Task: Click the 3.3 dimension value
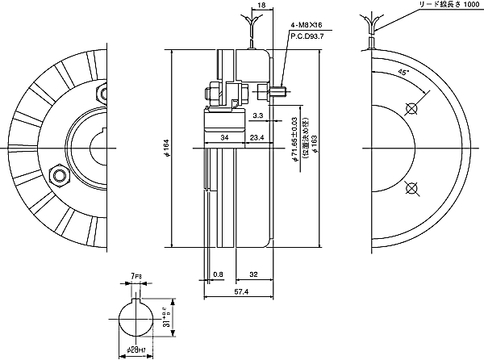click(x=256, y=116)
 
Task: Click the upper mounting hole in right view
click(x=412, y=108)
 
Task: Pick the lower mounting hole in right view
click(x=412, y=190)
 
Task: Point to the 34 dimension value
click(x=224, y=138)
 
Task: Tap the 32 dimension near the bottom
click(x=253, y=275)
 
